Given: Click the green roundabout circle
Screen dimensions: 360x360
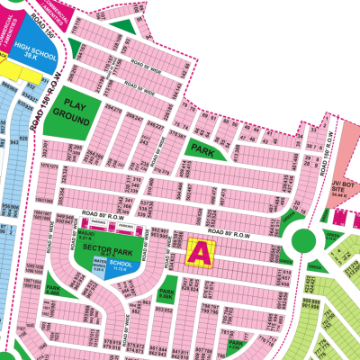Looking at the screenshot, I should coord(303,241).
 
